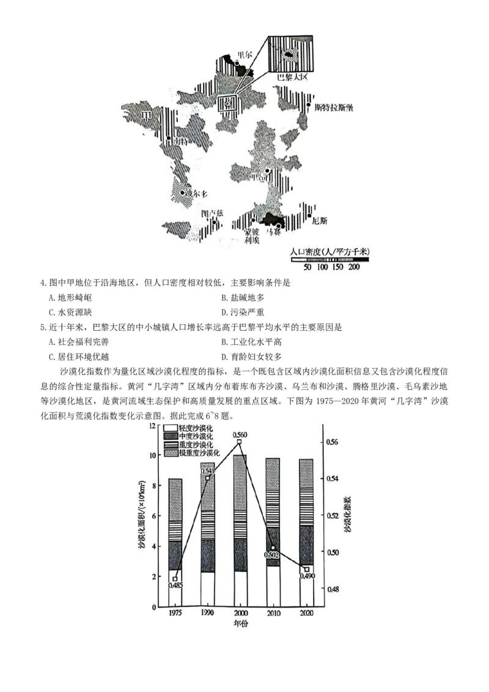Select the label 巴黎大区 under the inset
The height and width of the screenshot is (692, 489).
coord(294,78)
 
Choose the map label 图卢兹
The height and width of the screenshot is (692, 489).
coord(213,214)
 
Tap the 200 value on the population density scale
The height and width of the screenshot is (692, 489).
coord(355,267)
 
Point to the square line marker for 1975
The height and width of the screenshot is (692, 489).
coord(175,578)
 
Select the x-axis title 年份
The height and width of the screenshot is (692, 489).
coord(240,624)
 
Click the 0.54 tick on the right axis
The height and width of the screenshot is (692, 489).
coord(333,479)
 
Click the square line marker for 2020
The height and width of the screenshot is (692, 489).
coord(307,569)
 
